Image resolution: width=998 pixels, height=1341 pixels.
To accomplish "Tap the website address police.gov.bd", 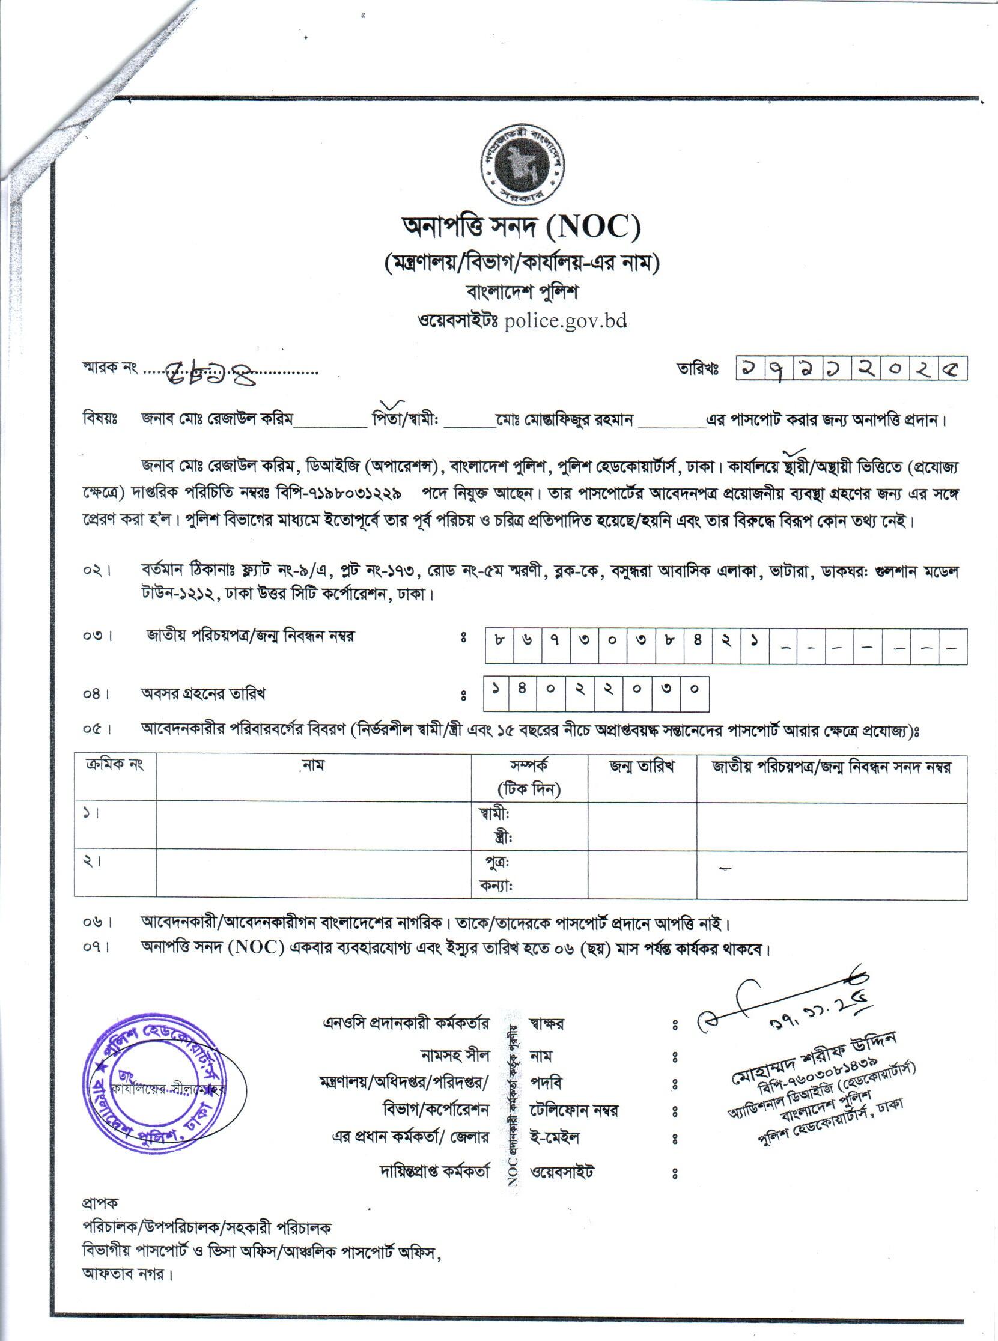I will pyautogui.click(x=564, y=320).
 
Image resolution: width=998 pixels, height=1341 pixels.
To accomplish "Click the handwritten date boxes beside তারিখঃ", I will pyautogui.click(x=851, y=367).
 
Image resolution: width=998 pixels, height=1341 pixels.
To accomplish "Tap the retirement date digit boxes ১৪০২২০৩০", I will pyautogui.click(x=596, y=693).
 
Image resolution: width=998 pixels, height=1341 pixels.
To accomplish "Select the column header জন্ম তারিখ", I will pyautogui.click(x=642, y=767).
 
